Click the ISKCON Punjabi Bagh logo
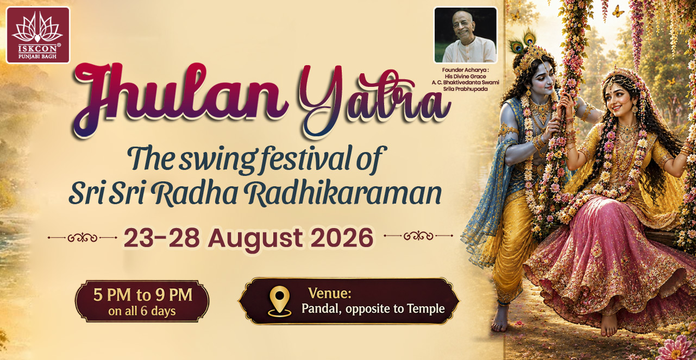tap(38, 35)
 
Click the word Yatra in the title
tap(375, 99)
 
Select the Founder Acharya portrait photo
tap(466, 35)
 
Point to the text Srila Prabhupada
tap(465, 89)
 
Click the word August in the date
tap(255, 239)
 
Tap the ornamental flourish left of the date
tap(83, 238)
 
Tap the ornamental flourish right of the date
tap(418, 236)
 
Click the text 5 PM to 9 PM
tap(142, 295)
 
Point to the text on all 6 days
tap(142, 311)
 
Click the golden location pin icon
tap(280, 301)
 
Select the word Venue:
tap(330, 293)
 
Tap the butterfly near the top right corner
tap(618, 11)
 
